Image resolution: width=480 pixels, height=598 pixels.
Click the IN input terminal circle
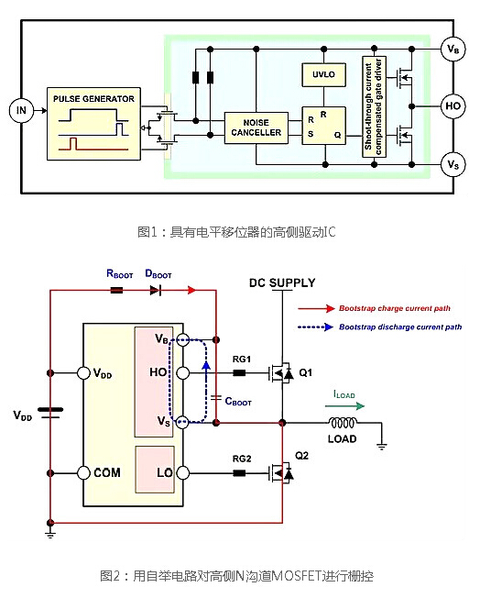[x=20, y=111]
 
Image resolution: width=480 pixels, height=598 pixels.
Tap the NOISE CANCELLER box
[x=256, y=127]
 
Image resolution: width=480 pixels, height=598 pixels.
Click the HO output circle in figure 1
[x=451, y=106]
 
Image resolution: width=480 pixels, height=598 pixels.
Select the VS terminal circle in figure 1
[x=451, y=164]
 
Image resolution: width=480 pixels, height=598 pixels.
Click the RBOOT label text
[x=120, y=273]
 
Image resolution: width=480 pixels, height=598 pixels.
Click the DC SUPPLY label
[x=282, y=282]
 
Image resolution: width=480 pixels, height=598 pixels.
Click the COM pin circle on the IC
[x=84, y=472]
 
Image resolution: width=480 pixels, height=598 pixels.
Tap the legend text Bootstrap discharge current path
[x=399, y=327]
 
